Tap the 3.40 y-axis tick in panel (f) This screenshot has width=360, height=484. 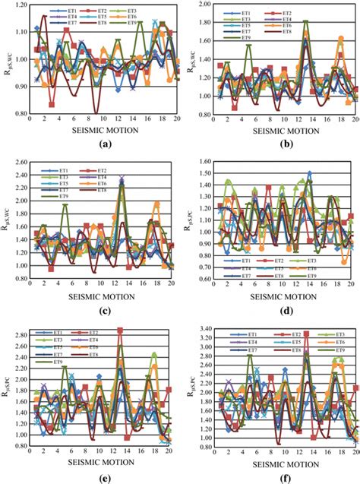(x=193, y=328)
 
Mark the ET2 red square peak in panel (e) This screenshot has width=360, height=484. (x=120, y=331)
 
